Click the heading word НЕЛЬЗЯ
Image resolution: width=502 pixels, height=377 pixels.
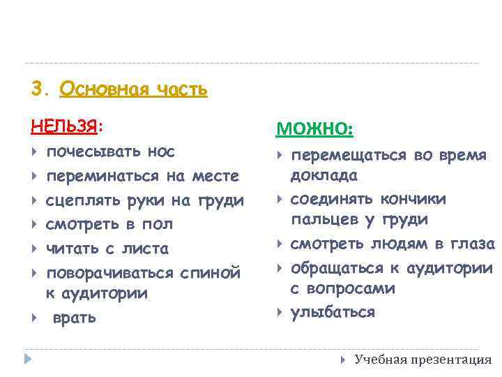click(65, 126)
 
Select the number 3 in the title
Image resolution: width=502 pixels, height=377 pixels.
click(38, 89)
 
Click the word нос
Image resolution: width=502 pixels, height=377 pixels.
click(161, 151)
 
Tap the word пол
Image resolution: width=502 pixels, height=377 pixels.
click(158, 225)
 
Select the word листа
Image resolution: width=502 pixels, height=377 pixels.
click(144, 249)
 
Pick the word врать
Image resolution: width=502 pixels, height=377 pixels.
click(75, 318)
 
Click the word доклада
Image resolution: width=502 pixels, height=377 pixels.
click(324, 175)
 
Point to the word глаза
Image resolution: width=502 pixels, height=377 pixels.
click(470, 244)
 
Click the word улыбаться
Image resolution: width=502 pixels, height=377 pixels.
click(333, 312)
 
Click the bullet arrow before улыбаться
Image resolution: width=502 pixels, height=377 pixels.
click(280, 312)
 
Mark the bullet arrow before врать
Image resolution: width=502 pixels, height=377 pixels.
click(34, 318)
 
